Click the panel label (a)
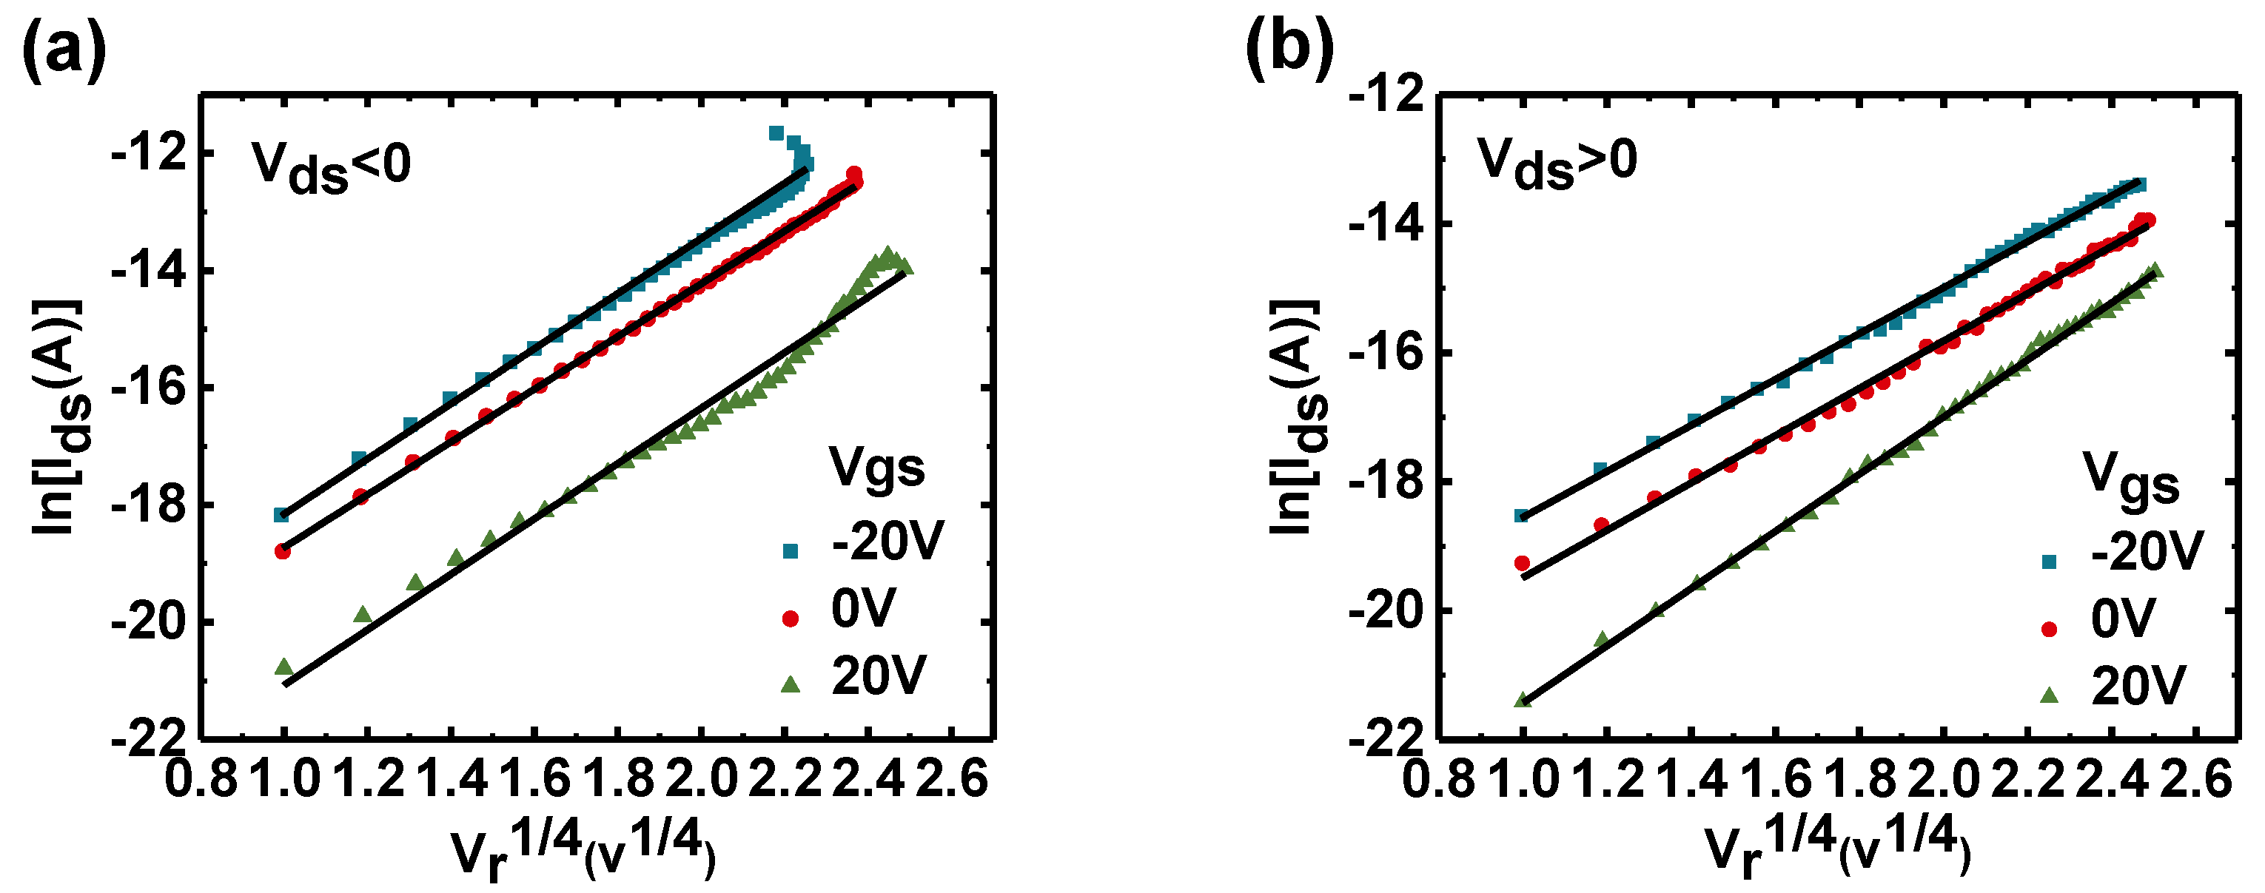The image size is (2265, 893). pyautogui.click(x=64, y=53)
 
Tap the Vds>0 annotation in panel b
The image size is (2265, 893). pyautogui.click(x=1557, y=164)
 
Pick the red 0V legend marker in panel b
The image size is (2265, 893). pyautogui.click(x=2050, y=628)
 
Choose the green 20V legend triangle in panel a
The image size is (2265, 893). pyautogui.click(x=791, y=683)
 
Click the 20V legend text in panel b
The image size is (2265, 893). pyautogui.click(x=2138, y=686)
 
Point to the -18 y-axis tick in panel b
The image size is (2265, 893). pyautogui.click(x=1386, y=482)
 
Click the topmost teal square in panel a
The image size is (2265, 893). pyautogui.click(x=776, y=132)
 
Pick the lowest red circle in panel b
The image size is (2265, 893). pyautogui.click(x=1521, y=562)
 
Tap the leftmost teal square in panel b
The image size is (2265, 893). pyautogui.click(x=1521, y=515)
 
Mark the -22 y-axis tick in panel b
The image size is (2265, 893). pyautogui.click(x=1386, y=739)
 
